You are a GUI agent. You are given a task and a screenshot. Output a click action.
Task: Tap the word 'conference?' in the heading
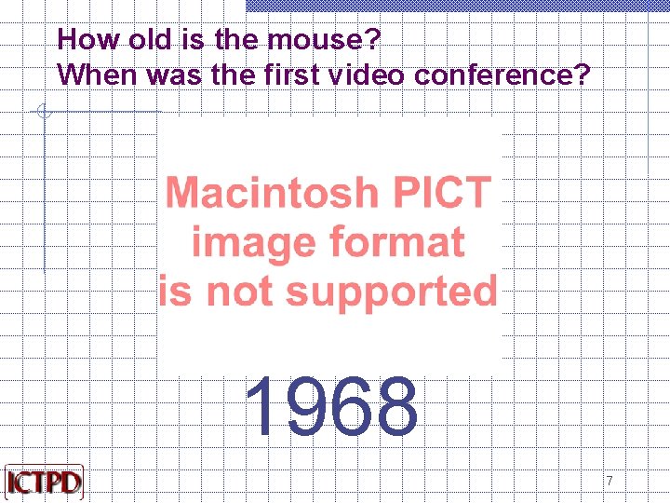[x=502, y=75]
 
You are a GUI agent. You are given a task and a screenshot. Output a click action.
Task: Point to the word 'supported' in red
[x=392, y=292]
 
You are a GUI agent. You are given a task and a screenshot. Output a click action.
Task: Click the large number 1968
[x=331, y=407]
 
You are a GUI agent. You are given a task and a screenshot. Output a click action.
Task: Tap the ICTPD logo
[x=44, y=483]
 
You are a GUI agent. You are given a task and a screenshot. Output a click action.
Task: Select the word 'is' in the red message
[x=176, y=292]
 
